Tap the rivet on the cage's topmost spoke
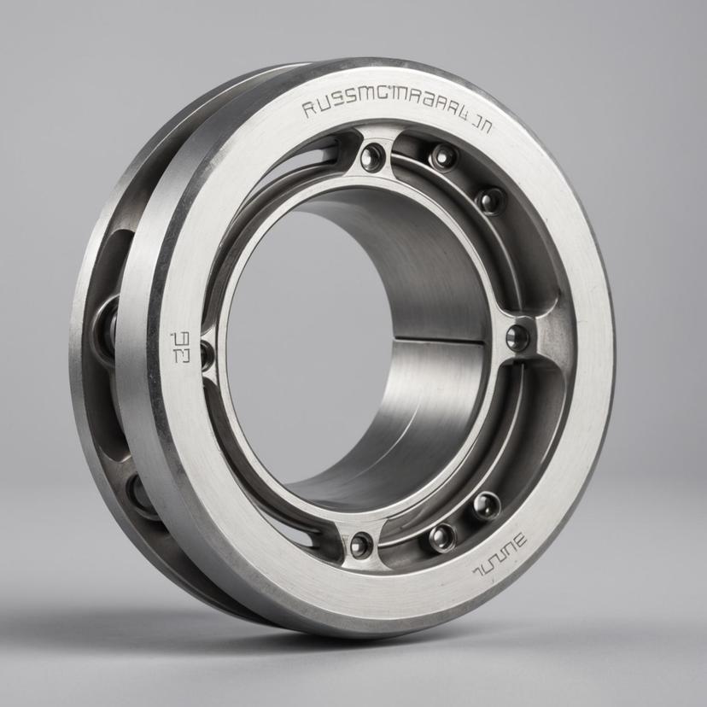tap(372, 156)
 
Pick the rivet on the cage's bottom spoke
tap(361, 544)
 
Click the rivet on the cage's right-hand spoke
tap(517, 337)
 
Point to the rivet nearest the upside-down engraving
tap(486, 505)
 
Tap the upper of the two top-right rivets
tap(443, 156)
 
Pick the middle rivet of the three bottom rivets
tap(442, 536)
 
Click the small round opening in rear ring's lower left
tap(140, 494)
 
